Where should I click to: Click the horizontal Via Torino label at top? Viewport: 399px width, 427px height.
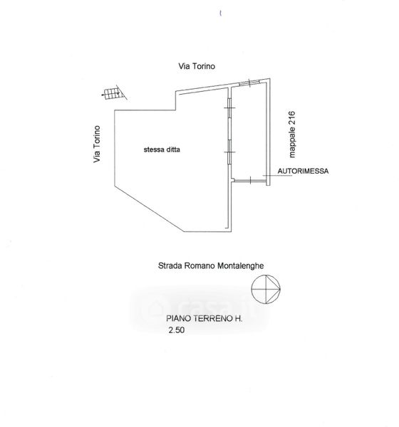point(197,66)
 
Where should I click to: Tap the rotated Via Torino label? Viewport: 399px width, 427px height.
point(97,144)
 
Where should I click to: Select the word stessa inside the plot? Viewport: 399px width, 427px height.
point(152,149)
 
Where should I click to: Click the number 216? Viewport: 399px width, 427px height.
point(292,118)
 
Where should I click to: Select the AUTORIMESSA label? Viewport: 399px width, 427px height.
point(303,172)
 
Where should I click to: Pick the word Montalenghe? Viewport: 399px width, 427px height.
point(241,265)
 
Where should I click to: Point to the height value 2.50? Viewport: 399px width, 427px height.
point(177,330)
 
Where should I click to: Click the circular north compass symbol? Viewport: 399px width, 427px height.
point(266,289)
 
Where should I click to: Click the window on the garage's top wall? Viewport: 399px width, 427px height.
point(249,83)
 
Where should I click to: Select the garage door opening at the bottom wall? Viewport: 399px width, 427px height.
point(250,181)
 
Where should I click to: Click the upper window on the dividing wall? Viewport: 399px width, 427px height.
point(229,108)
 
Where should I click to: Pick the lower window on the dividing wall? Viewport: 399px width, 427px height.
point(229,152)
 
